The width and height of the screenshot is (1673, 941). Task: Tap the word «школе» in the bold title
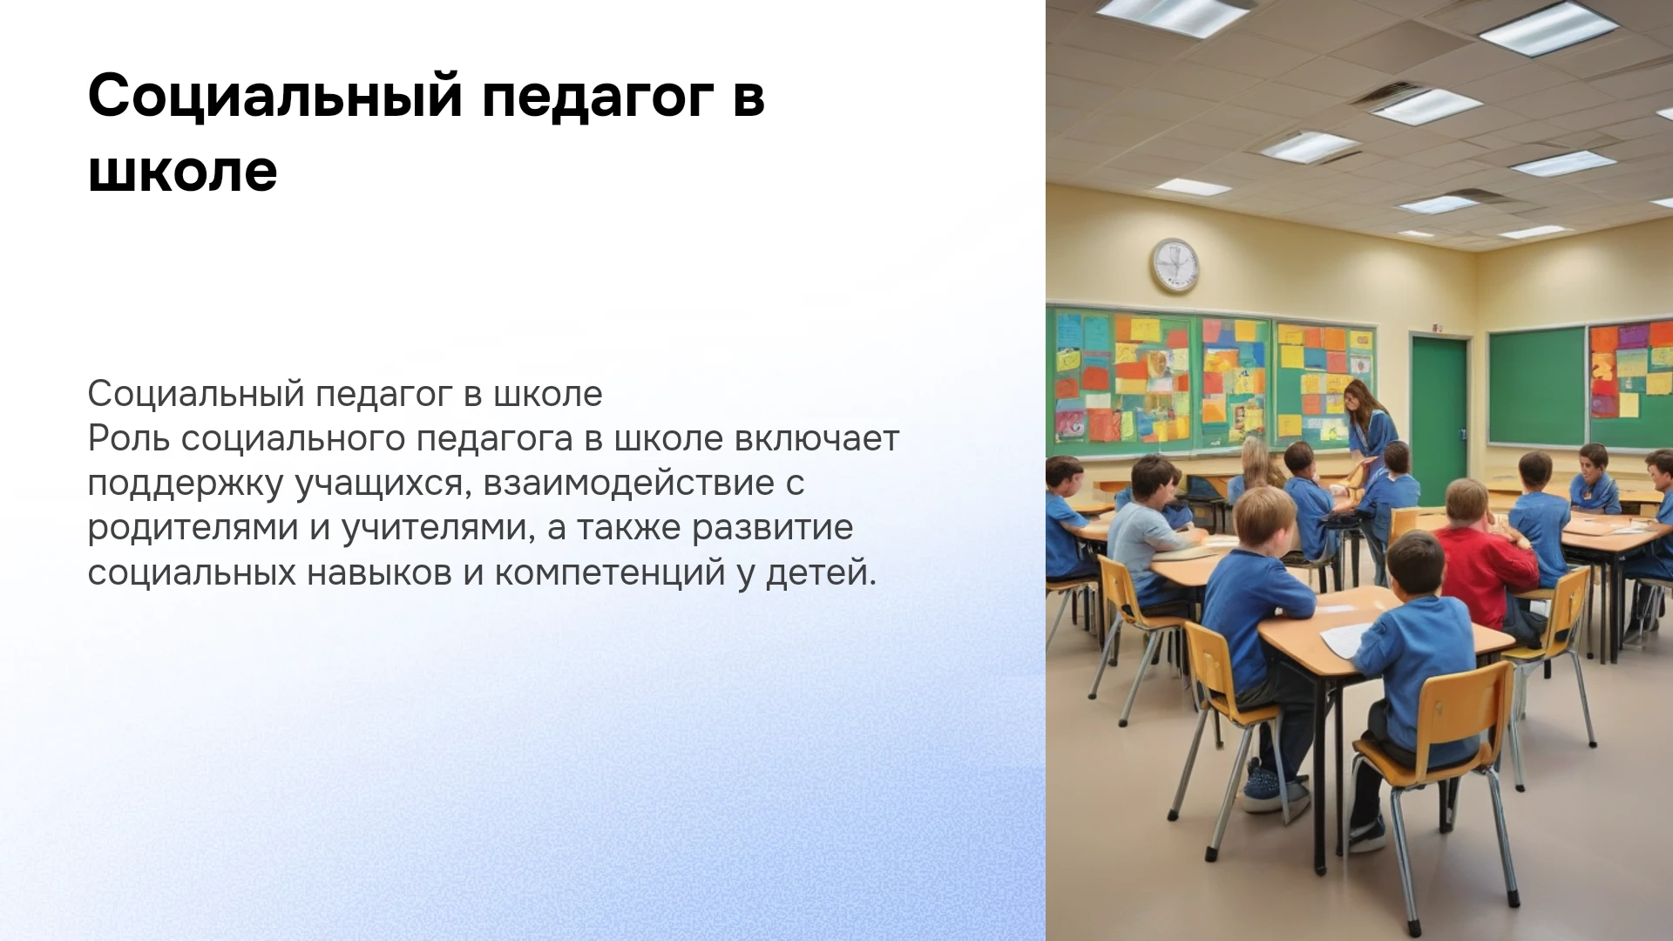tap(183, 171)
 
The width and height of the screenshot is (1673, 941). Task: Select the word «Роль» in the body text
tap(128, 438)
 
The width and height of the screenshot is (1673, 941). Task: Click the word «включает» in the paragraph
tap(816, 438)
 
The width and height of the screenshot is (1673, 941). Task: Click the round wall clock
tap(1174, 266)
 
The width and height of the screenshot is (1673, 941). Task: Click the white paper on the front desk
tap(1347, 639)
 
